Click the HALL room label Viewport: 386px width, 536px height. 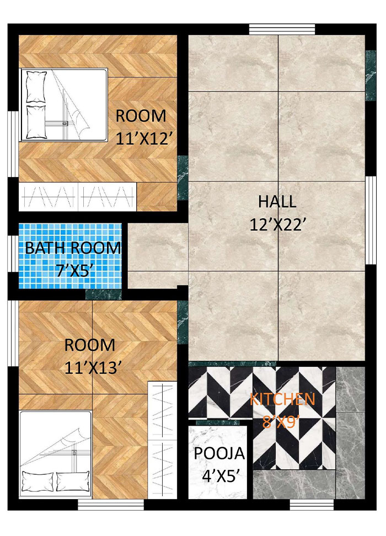point(277,201)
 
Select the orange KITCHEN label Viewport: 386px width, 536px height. point(282,399)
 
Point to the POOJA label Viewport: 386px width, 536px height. point(219,454)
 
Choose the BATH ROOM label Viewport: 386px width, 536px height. point(73,248)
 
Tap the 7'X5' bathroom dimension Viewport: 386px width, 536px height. point(73,270)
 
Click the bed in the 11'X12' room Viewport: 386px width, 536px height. point(64,105)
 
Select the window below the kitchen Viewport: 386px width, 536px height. point(305,504)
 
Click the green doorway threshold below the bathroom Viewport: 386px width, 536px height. point(104,294)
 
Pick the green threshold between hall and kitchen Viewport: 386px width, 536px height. point(232,363)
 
